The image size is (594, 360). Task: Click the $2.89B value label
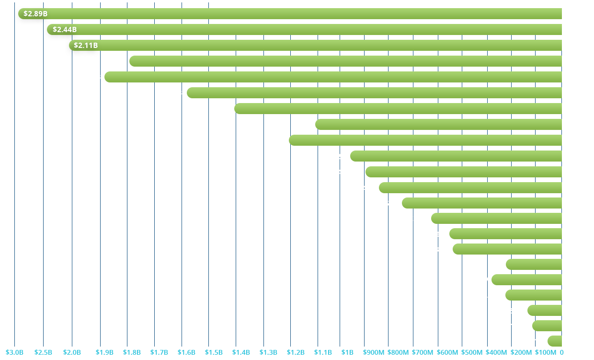[x=35, y=13]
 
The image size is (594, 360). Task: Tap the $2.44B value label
[x=65, y=30]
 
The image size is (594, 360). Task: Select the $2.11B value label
[x=86, y=46]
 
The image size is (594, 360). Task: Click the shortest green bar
[x=555, y=341]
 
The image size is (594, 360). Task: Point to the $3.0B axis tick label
[x=14, y=352]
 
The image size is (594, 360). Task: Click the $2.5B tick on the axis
[x=43, y=352]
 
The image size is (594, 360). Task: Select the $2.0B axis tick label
[x=72, y=352]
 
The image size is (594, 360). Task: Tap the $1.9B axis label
[x=104, y=352]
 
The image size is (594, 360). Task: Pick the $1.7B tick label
[x=159, y=352]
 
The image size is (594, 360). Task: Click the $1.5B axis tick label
[x=214, y=352]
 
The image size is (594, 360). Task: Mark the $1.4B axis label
[x=241, y=352]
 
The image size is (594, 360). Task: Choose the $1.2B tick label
[x=296, y=352]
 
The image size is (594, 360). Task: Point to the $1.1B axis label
[x=323, y=352]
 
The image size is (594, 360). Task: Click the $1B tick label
[x=348, y=352]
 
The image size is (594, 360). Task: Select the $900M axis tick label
[x=374, y=352]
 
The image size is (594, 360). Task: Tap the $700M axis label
[x=423, y=352]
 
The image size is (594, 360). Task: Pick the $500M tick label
[x=472, y=352]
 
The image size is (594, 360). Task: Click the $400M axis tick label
[x=497, y=352]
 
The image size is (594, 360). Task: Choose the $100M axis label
[x=545, y=352]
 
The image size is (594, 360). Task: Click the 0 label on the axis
[x=561, y=352]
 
